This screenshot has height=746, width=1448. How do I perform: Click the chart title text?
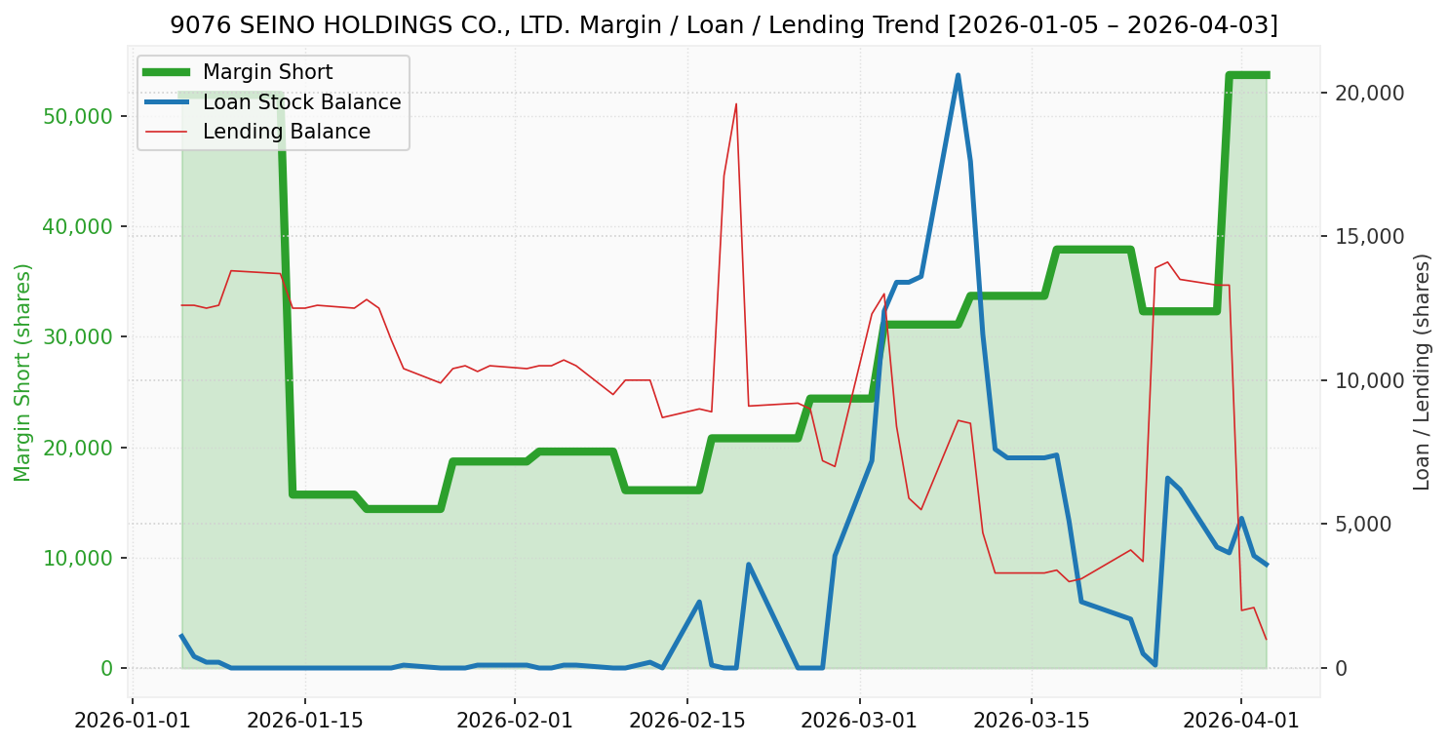tap(724, 25)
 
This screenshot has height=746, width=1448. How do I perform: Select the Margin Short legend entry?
tap(267, 72)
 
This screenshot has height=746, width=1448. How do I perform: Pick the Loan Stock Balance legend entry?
tap(301, 102)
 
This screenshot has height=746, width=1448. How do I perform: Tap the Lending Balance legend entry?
tap(286, 132)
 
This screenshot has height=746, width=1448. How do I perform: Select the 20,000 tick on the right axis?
tap(1369, 93)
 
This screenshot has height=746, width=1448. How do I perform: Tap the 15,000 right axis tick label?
tap(1369, 237)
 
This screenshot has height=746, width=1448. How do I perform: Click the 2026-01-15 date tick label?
tap(304, 722)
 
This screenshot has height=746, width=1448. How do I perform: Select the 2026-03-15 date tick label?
tap(1031, 722)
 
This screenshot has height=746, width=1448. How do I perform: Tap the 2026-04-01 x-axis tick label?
tap(1240, 722)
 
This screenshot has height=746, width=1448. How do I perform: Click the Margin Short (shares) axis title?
tap(22, 373)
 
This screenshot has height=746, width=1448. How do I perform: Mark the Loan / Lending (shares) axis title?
tap(1422, 373)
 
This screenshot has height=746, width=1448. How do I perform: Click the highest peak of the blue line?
tap(958, 75)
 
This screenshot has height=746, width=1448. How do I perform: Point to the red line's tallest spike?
tap(736, 103)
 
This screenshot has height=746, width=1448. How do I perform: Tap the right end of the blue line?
tap(1266, 565)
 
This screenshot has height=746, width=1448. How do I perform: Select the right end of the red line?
tap(1266, 640)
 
